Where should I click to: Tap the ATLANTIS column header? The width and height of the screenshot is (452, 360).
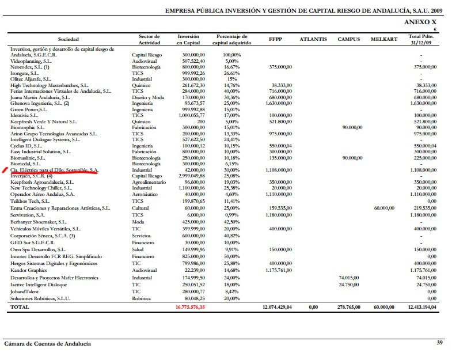[x=313, y=40]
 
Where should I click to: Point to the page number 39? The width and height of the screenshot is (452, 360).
[x=439, y=344]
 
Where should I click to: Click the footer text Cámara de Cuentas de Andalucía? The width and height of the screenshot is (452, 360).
[x=47, y=344]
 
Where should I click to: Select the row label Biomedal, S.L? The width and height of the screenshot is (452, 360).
[x=28, y=164]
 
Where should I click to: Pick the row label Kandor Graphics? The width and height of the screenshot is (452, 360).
[x=29, y=270]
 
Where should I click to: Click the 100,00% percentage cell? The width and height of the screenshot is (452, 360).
[x=231, y=55]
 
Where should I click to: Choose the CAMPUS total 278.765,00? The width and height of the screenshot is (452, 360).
[x=348, y=308]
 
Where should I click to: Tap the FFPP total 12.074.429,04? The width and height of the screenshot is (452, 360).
[x=277, y=308]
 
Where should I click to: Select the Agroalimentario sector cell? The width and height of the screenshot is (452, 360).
[x=149, y=182]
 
